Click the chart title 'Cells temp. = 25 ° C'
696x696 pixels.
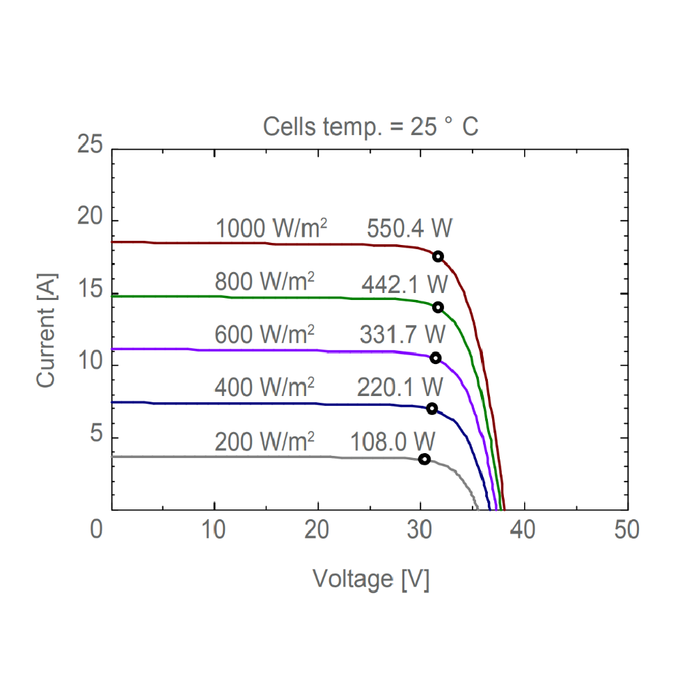coord(370,127)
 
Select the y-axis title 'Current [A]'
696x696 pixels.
coord(47,331)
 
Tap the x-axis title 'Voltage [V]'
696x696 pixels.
coord(370,578)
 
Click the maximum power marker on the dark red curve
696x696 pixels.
coord(438,256)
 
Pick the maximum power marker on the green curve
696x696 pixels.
coord(438,308)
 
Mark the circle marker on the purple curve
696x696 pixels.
coord(436,358)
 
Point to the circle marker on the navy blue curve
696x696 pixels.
coord(432,409)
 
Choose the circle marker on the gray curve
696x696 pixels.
coord(424,459)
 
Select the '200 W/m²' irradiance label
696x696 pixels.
coord(264,442)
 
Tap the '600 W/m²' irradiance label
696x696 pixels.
coord(264,335)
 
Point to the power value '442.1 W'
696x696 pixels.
coord(404,284)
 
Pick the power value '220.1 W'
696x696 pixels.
coord(400,387)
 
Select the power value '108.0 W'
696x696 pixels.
coord(394,442)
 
